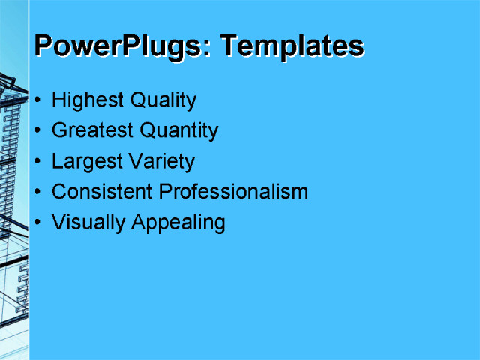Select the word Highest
coord(88,100)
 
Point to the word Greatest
coord(92,131)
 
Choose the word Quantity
coord(178,131)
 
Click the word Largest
coord(85,162)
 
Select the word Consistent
coord(102,192)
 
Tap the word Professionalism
coord(233,192)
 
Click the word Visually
coord(88,223)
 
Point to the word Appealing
coord(178,223)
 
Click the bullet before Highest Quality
coord(38,100)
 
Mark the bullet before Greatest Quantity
coord(38,131)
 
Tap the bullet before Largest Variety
coord(38,162)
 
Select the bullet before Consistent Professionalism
coord(38,193)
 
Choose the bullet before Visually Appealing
coord(38,223)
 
